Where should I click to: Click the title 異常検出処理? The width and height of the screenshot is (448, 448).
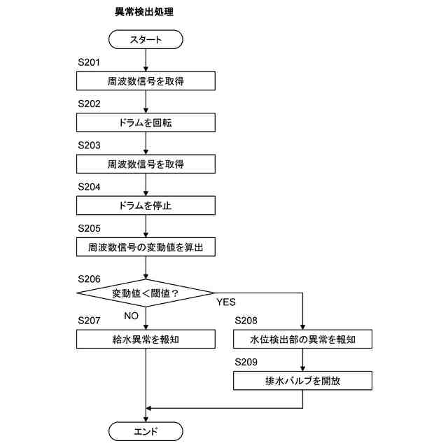[144, 13]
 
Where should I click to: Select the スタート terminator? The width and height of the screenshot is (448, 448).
[146, 39]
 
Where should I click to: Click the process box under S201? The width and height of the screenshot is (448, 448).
[146, 81]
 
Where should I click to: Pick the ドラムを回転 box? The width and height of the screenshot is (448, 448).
[146, 122]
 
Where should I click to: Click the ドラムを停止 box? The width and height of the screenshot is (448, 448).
[146, 206]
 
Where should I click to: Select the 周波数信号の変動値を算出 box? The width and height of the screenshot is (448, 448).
[146, 247]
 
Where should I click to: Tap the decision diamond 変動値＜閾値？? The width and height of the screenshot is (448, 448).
[146, 293]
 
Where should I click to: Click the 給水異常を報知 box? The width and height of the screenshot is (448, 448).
[146, 339]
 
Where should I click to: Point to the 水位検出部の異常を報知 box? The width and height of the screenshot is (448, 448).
[302, 339]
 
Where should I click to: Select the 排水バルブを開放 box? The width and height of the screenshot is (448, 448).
[302, 381]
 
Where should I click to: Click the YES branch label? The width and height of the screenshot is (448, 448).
[226, 302]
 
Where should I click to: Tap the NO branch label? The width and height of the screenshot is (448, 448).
[132, 315]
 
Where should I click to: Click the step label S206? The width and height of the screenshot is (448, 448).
[90, 278]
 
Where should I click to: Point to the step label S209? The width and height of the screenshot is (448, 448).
[246, 362]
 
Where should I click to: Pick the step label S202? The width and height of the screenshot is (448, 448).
[90, 104]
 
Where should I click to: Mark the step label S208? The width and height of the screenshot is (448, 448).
[246, 321]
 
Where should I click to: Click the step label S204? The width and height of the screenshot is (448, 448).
[90, 187]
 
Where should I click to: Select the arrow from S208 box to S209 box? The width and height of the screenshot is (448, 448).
[302, 360]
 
